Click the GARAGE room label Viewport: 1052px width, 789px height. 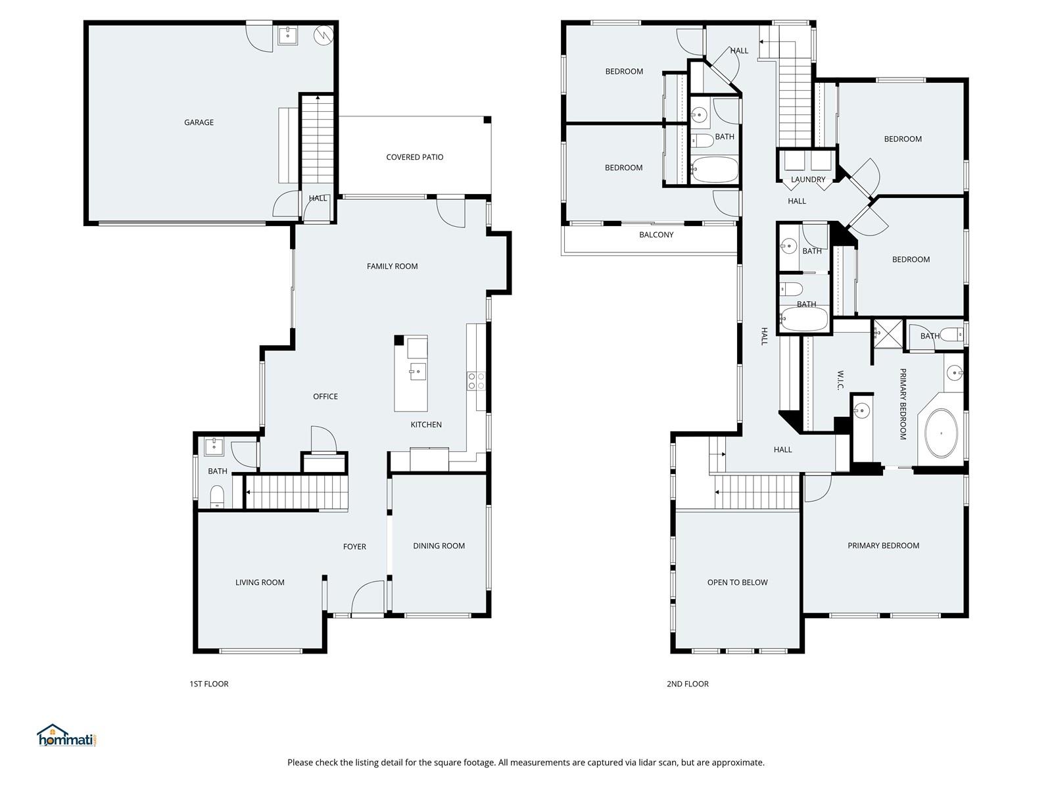[199, 122]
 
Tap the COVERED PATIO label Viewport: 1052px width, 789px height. [415, 157]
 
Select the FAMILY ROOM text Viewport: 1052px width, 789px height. [392, 266]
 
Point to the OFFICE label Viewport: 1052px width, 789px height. [325, 396]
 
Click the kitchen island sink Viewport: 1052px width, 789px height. [418, 371]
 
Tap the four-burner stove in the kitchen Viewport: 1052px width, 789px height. [477, 381]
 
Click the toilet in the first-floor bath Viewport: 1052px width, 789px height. [217, 497]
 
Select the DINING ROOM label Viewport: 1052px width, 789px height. [439, 546]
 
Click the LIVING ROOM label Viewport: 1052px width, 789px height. [260, 583]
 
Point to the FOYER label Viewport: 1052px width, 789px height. [354, 546]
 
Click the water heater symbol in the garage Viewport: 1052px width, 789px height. [323, 34]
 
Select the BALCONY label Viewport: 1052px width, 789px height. [656, 235]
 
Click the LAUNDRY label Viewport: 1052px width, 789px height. [808, 179]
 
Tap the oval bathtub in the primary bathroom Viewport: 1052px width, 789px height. [942, 433]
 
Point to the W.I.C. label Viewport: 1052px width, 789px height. [840, 381]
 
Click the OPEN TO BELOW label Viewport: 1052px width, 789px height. [738, 583]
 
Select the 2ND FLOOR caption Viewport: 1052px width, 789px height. [688, 684]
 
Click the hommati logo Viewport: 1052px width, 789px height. [66, 735]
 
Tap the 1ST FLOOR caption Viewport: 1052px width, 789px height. [209, 684]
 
